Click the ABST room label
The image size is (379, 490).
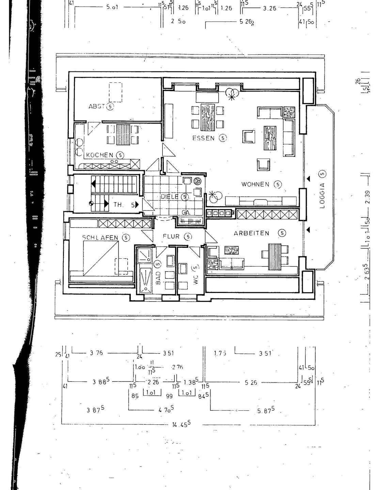(96, 106)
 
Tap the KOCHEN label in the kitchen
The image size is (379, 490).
(99, 155)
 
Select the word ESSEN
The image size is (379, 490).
(203, 138)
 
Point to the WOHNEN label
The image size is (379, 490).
(255, 184)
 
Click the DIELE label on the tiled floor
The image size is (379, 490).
(170, 197)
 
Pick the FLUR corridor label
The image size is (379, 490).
(171, 236)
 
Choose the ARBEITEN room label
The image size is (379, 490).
(251, 233)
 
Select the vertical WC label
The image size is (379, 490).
(195, 281)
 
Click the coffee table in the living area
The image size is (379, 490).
(271, 137)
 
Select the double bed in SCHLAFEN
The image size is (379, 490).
(101, 257)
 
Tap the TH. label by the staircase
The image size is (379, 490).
(118, 205)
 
